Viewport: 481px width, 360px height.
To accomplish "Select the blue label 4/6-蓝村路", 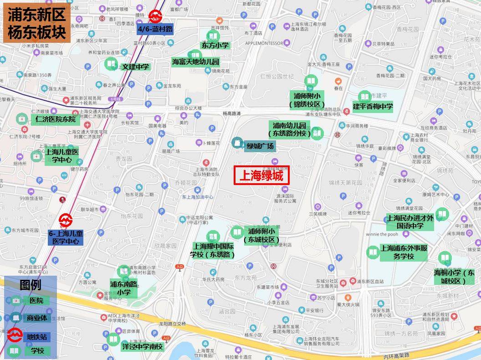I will tap(155, 29).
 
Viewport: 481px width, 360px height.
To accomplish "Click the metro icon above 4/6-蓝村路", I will tap(155, 16).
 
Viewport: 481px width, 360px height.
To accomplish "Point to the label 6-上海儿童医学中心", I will tap(66, 237).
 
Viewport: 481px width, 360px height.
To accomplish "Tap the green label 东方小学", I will tap(215, 45).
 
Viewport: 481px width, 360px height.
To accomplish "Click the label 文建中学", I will tap(135, 67).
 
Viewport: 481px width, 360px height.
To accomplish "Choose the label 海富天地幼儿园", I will tap(196, 62).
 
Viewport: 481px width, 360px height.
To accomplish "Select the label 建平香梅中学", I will tap(373, 107).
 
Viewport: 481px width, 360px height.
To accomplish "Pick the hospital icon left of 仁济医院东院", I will tap(21, 119).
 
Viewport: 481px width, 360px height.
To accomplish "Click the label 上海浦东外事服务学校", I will tap(404, 252).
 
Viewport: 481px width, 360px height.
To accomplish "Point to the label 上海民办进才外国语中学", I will tap(410, 221).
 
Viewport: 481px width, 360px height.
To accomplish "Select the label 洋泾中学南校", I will tap(142, 346).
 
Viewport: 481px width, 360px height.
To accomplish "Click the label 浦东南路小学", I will tap(123, 288).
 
